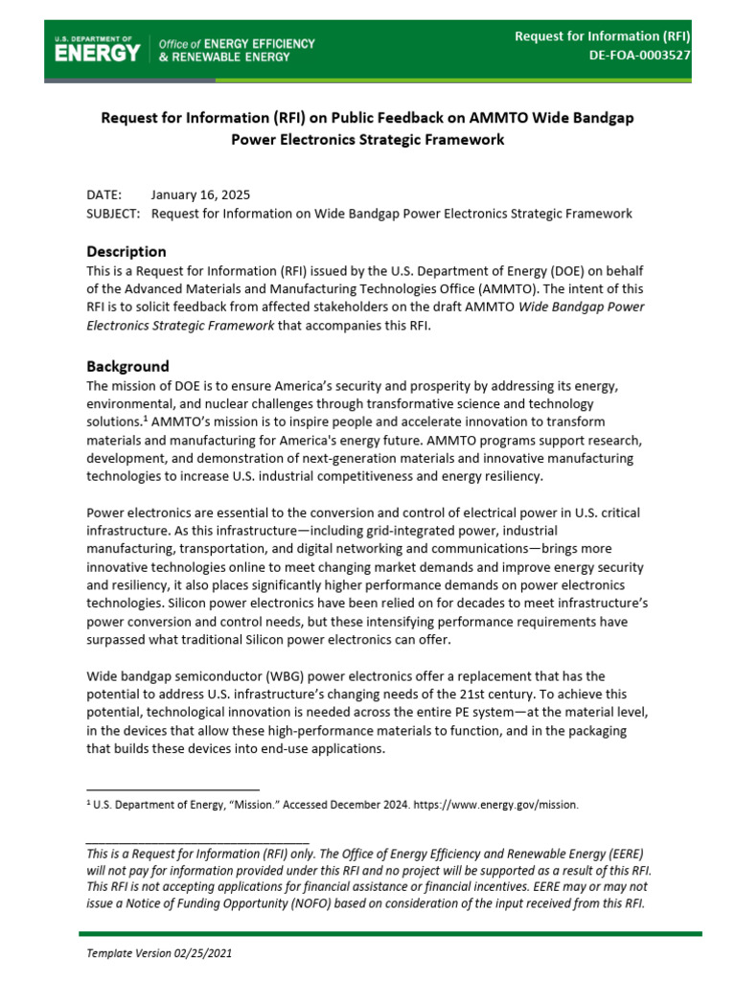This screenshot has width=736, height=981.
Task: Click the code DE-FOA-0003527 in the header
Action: click(639, 56)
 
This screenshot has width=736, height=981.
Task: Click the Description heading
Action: click(126, 251)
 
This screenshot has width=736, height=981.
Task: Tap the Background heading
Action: click(127, 366)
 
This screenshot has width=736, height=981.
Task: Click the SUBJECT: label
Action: click(113, 214)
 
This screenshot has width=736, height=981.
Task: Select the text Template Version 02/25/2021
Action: click(159, 954)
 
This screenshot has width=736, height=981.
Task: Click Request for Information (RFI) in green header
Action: click(603, 36)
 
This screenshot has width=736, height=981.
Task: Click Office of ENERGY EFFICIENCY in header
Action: click(237, 44)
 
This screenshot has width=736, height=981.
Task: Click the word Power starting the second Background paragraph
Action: click(104, 512)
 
